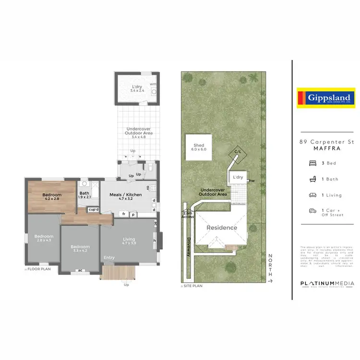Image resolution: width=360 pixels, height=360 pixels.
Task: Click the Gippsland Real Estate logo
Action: click(x=325, y=98)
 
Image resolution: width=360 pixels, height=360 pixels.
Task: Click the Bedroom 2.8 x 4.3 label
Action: click(x=42, y=238)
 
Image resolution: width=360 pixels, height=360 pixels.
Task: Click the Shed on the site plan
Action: click(x=199, y=147)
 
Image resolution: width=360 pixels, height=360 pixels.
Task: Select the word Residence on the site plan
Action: click(x=222, y=228)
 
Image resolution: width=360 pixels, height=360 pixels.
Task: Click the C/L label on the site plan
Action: click(x=237, y=152)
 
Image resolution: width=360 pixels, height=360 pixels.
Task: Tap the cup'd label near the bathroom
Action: click(x=93, y=209)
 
